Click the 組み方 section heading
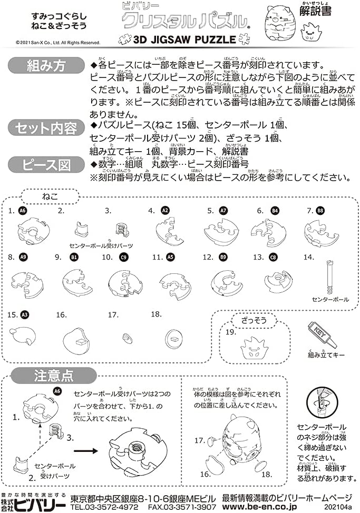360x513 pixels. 46,67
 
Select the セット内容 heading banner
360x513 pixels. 46,128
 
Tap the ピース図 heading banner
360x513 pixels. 46,165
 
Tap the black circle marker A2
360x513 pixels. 165,211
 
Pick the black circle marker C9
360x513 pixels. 123,258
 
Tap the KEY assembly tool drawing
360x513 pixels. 322,335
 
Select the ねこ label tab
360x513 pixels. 49,196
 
